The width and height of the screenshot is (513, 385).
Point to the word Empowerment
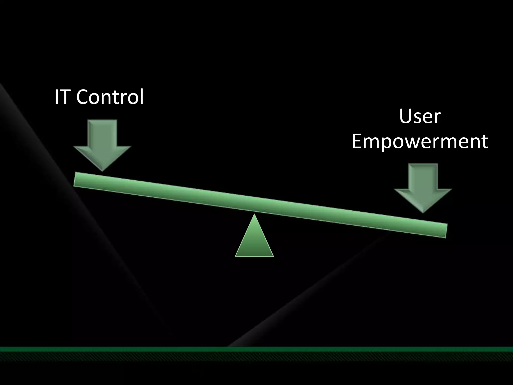[420, 141]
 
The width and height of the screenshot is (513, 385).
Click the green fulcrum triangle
[254, 241]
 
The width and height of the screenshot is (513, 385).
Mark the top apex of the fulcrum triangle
[254, 215]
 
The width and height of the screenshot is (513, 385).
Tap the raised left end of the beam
[78, 179]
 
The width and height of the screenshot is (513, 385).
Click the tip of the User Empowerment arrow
[423, 212]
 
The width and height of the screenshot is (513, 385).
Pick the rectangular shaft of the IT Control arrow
[102, 133]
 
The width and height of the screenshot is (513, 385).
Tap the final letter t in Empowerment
[484, 142]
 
